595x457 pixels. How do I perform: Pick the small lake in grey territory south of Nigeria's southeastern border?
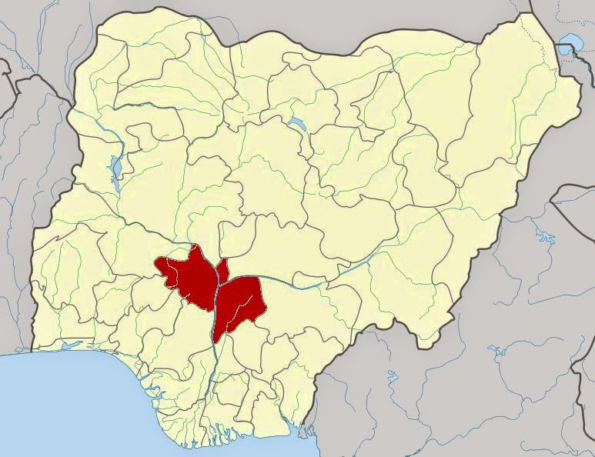tap(392, 377)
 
